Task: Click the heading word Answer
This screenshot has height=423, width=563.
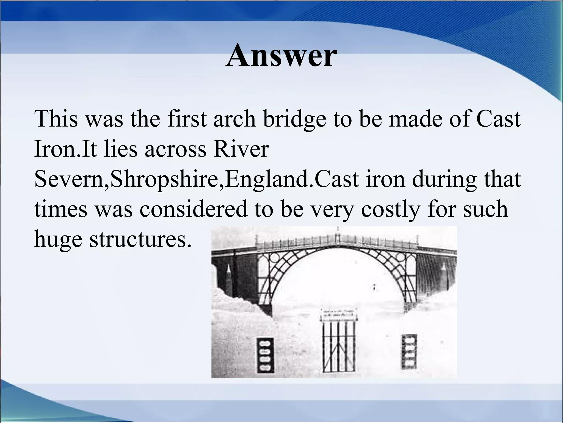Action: point(281,56)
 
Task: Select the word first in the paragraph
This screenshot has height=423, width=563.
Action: point(187,119)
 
